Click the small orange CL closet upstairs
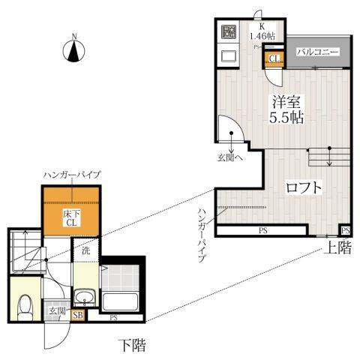coord(274,59)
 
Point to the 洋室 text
coord(285,102)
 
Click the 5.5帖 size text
coord(285,118)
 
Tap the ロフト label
coord(304,187)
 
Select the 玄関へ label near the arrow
coord(229,157)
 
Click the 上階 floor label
coord(337,248)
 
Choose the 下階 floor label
coord(132,346)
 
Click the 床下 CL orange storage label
coord(71,217)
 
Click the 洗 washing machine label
coord(86,251)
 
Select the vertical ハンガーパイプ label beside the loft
coord(203,233)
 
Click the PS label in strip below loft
coord(264,230)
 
